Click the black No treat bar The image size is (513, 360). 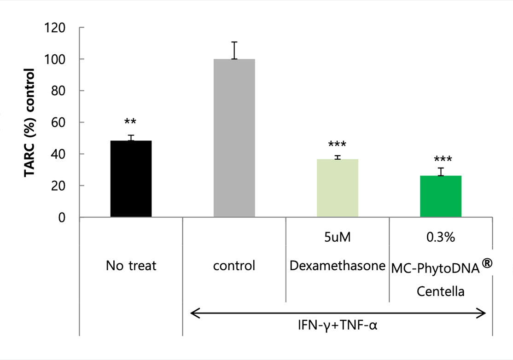coord(131,179)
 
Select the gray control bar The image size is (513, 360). coord(234,138)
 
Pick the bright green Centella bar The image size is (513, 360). coord(441,196)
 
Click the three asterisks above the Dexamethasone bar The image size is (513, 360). coord(338,145)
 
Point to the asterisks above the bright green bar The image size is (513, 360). coord(443,160)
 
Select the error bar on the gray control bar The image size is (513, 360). coord(234,50)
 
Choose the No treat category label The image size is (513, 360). coord(131,266)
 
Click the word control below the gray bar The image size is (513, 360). coord(234,266)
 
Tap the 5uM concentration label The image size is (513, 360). coord(338,238)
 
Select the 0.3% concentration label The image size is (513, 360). coord(441,238)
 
